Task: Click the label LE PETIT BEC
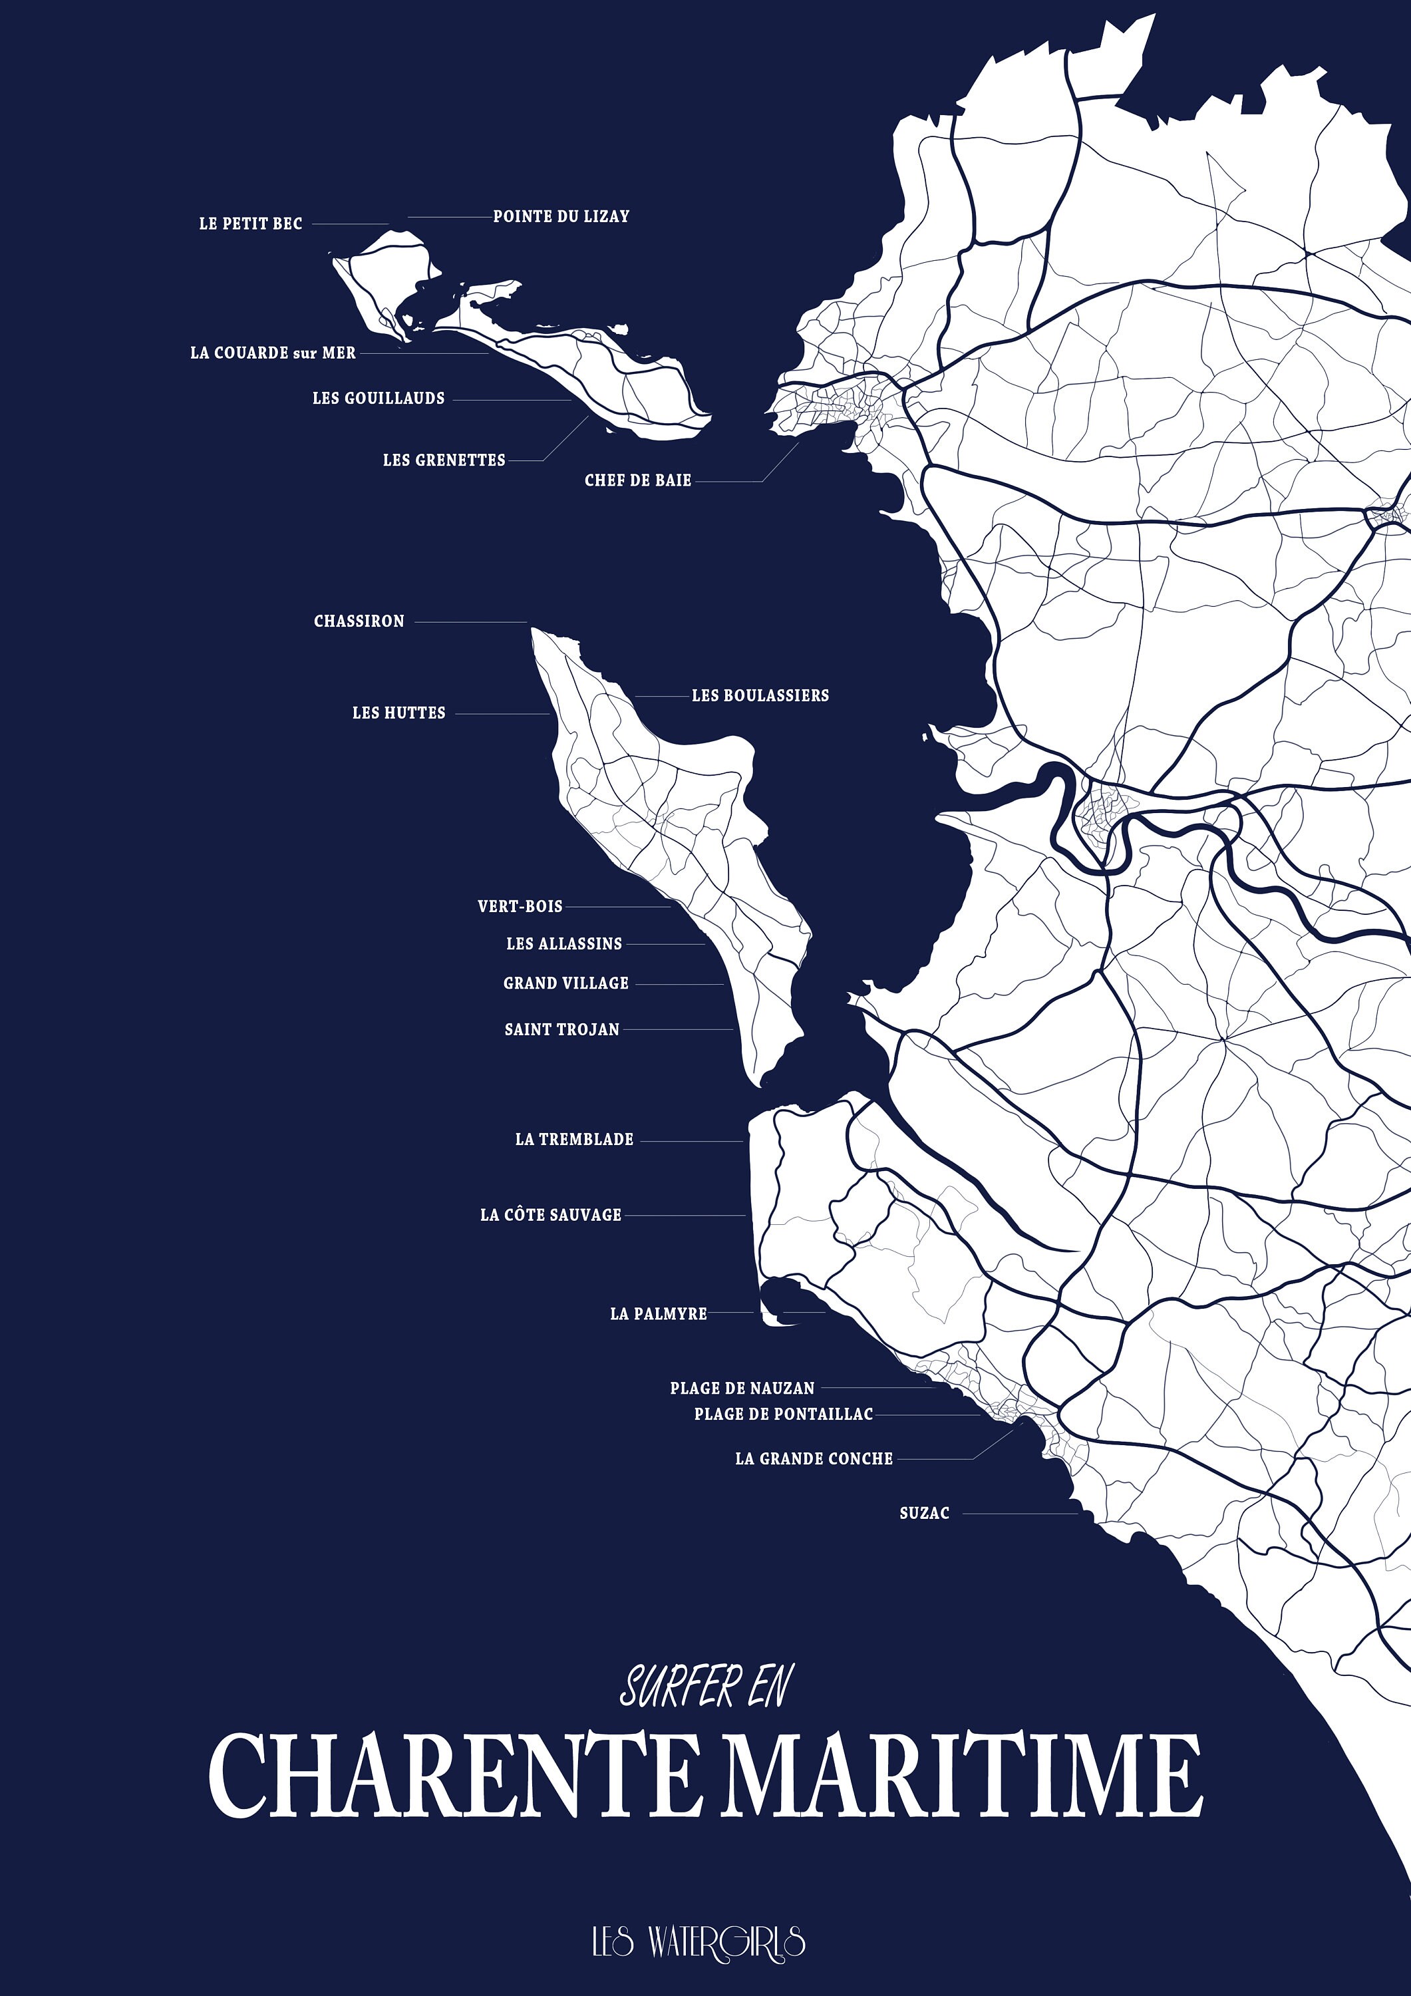(x=250, y=224)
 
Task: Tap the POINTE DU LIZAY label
(x=561, y=216)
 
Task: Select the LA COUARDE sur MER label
(x=273, y=353)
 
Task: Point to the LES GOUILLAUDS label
(x=378, y=398)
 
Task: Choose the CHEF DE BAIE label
(x=637, y=480)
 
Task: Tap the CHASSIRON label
(x=359, y=621)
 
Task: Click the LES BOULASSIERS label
(x=760, y=695)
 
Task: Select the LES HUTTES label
(x=398, y=713)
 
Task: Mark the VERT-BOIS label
(x=520, y=906)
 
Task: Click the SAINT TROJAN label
(x=561, y=1029)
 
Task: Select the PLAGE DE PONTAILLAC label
(x=782, y=1414)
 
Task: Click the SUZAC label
(x=924, y=1513)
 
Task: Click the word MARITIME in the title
(x=963, y=1774)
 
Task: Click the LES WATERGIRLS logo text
(x=698, y=1941)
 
